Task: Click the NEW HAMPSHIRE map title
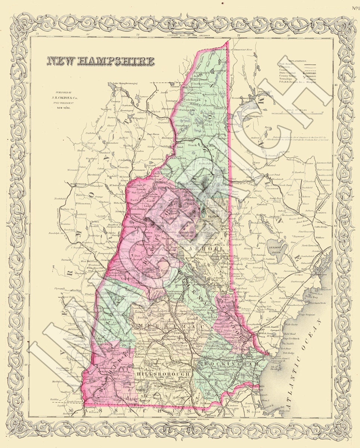click(x=100, y=62)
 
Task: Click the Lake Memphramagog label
click(x=123, y=83)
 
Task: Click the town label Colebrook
click(x=192, y=100)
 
